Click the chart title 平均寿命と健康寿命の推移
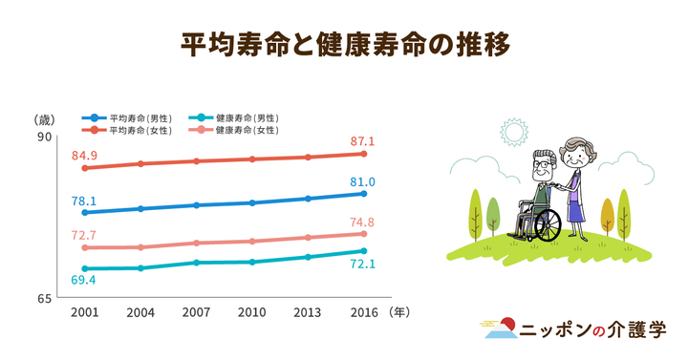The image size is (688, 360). tap(344, 45)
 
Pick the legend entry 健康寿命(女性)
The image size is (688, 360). tap(245, 129)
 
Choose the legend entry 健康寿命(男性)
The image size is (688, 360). tap(245, 116)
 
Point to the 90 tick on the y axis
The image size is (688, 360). tap(44, 138)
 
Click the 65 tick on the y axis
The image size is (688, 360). tap(44, 298)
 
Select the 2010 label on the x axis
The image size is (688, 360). tap(252, 312)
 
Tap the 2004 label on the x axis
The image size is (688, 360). tap(140, 312)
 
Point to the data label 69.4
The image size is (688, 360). tap(84, 280)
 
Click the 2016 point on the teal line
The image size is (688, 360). tap(364, 251)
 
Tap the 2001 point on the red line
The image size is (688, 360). tap(85, 168)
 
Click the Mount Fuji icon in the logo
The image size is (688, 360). tap(501, 330)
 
